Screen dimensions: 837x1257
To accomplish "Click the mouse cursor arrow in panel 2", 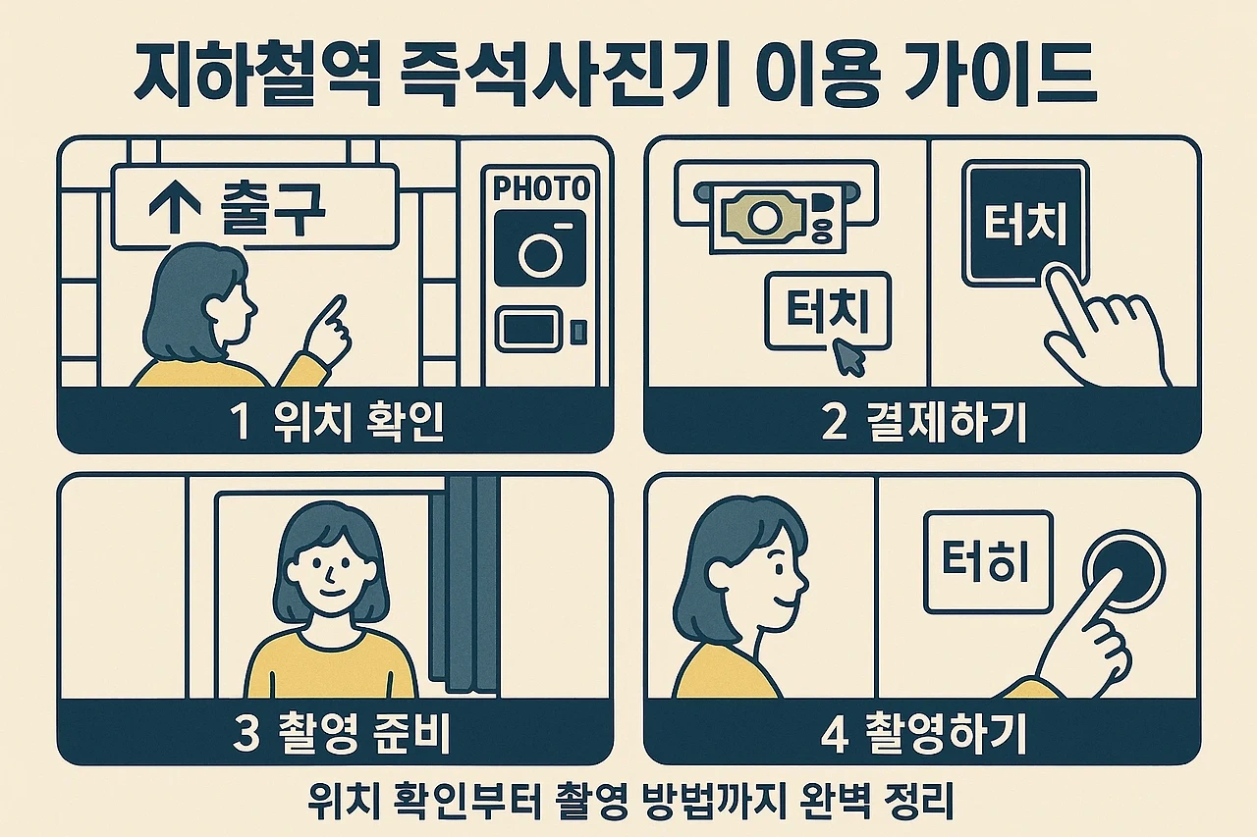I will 849,357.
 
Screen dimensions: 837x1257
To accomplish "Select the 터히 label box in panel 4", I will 988,562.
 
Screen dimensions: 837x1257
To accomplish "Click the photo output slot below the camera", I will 528,328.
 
